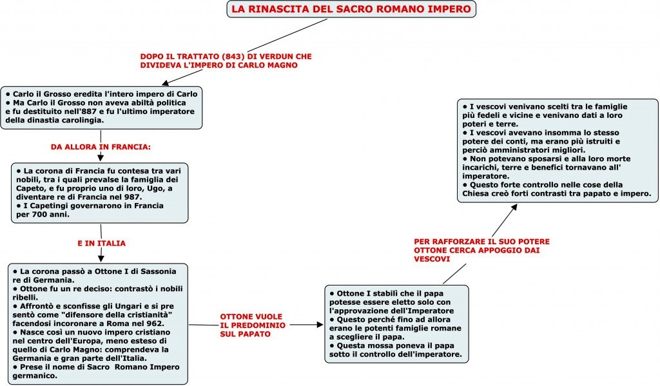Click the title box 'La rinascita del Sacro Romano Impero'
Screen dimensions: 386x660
(352, 10)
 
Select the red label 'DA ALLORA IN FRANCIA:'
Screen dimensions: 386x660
(100, 147)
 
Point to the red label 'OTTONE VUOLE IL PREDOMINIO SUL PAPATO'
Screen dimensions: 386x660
(251, 325)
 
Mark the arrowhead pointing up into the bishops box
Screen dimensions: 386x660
(514, 207)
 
